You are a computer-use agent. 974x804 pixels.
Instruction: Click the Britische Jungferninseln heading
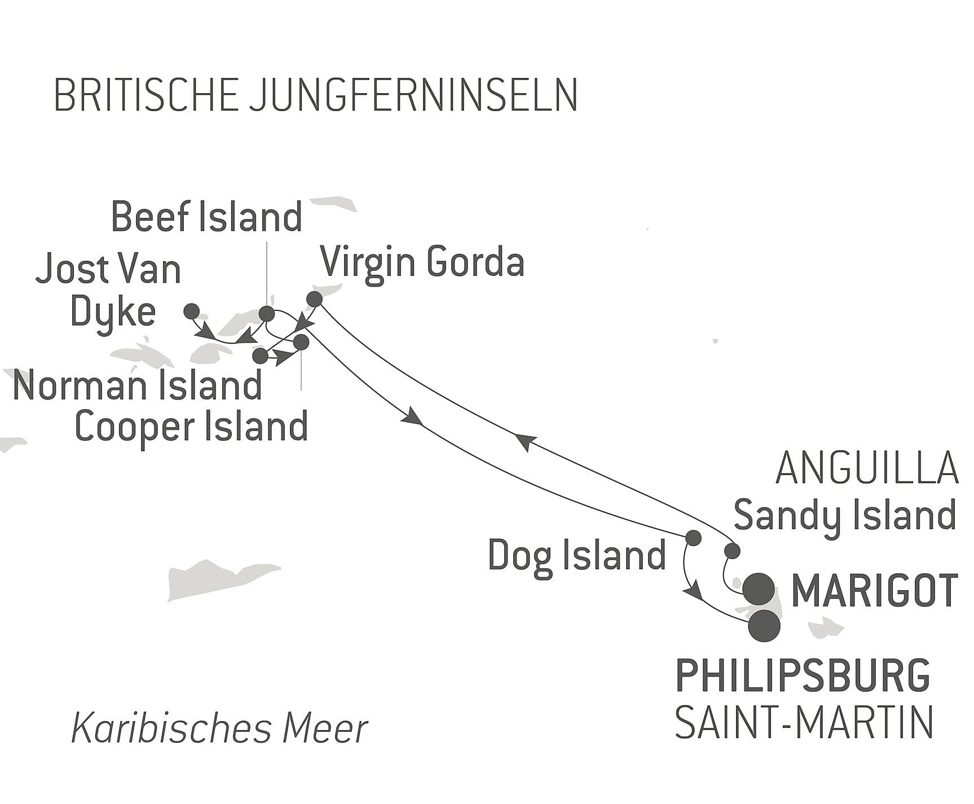[x=316, y=96]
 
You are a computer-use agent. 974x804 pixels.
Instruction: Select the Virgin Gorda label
[x=422, y=263]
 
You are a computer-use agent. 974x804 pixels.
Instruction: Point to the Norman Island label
[x=137, y=386]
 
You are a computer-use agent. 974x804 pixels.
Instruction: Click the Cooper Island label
[x=191, y=427]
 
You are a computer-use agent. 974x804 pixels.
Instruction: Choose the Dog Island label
[x=576, y=556]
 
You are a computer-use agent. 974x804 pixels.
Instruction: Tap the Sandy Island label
[x=844, y=516]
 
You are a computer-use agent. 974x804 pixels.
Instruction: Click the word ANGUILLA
[x=867, y=469]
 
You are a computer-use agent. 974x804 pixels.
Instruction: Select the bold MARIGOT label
[x=875, y=590]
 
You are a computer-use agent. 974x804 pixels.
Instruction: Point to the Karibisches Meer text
[x=219, y=728]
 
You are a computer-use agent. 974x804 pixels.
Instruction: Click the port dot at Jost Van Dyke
[x=192, y=310]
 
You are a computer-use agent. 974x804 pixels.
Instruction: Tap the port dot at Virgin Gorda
[x=314, y=298]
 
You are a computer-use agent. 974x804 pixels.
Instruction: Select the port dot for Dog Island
[x=693, y=538]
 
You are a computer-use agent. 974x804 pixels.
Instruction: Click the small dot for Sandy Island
[x=732, y=551]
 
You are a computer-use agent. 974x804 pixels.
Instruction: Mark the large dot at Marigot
[x=759, y=588]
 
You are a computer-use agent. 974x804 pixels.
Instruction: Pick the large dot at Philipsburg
[x=764, y=626]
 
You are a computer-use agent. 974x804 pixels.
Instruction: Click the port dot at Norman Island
[x=260, y=356]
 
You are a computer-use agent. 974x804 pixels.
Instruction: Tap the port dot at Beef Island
[x=266, y=314]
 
